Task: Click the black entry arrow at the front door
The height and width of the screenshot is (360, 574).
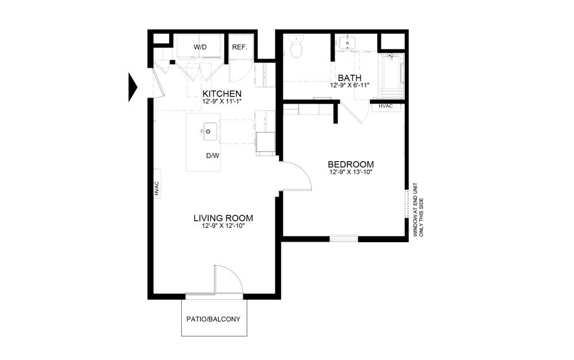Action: [x=132, y=87]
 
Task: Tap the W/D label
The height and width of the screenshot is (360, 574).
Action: [x=200, y=47]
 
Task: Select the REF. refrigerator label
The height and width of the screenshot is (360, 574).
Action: [x=240, y=47]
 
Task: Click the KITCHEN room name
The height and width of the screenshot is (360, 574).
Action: [x=222, y=94]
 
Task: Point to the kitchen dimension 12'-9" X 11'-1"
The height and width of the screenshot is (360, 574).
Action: [x=222, y=101]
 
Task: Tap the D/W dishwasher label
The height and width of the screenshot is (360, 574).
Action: [x=213, y=156]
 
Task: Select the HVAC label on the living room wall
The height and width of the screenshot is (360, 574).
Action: [x=157, y=189]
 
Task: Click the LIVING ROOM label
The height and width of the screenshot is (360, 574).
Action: [x=223, y=219]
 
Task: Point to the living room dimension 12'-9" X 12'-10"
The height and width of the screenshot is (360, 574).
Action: [x=223, y=226]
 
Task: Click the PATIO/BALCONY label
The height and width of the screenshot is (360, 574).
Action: [x=213, y=319]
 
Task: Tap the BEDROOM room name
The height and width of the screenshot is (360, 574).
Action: [x=351, y=164]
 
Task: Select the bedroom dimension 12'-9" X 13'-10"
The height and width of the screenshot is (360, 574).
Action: [x=351, y=172]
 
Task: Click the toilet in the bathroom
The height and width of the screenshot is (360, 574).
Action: [x=296, y=47]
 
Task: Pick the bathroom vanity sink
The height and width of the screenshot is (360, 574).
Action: [x=347, y=43]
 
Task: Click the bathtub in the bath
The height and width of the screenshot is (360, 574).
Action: [x=392, y=76]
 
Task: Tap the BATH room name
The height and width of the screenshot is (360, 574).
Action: [x=350, y=78]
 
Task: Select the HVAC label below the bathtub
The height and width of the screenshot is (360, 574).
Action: [x=385, y=106]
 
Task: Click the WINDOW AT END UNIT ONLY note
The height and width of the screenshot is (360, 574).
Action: [x=418, y=210]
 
